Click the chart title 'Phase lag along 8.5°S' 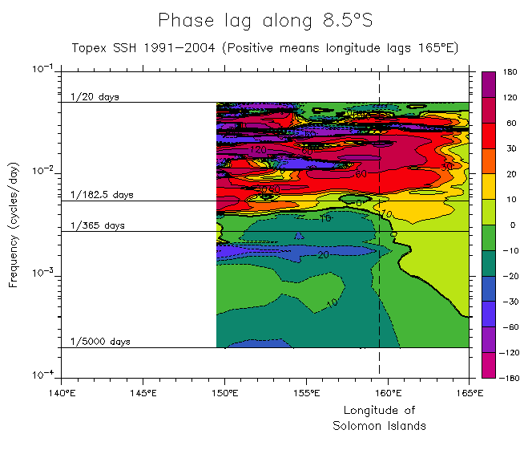pyautogui.click(x=264, y=20)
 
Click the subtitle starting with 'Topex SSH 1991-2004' pyautogui.click(x=264, y=48)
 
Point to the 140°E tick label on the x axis pyautogui.click(x=61, y=393)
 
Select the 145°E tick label pyautogui.click(x=142, y=393)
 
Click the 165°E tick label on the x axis pyautogui.click(x=469, y=393)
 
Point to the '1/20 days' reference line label pyautogui.click(x=95, y=97)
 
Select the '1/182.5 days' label pyautogui.click(x=101, y=195)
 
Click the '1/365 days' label pyautogui.click(x=98, y=225)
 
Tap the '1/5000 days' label pyautogui.click(x=100, y=342)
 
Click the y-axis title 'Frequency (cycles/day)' pyautogui.click(x=14, y=222)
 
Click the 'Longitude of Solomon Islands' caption pyautogui.click(x=379, y=418)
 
